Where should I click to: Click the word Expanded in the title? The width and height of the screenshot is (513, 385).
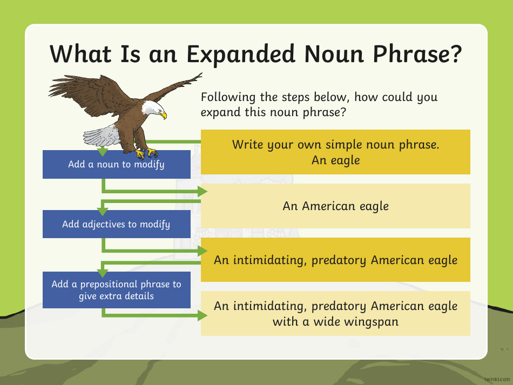[x=241, y=55]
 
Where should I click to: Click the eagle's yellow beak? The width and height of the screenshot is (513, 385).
[x=163, y=115]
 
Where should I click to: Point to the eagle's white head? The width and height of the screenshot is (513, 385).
[x=152, y=110]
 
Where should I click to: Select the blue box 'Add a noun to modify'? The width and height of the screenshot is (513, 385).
[x=116, y=164]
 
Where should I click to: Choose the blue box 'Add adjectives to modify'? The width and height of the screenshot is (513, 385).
[x=116, y=224]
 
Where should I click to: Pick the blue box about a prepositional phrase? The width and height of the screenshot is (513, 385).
[x=116, y=290]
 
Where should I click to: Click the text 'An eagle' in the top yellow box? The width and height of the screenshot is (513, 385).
[x=335, y=160]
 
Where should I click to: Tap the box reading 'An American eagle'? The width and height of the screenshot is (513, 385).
[x=335, y=206]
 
